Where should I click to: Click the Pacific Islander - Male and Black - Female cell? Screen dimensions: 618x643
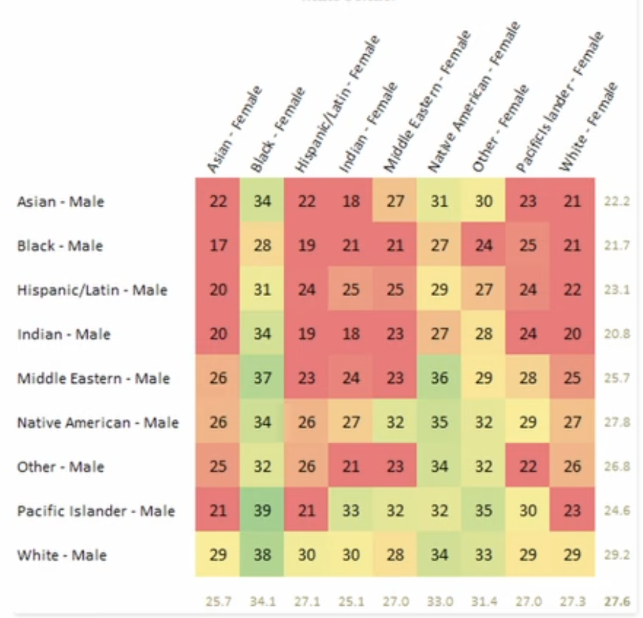tap(262, 511)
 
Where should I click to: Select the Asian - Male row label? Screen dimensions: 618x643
tap(60, 202)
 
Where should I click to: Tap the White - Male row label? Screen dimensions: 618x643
tap(62, 555)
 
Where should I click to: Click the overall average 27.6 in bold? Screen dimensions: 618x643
tap(617, 601)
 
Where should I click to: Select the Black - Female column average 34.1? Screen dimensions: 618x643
tap(262, 601)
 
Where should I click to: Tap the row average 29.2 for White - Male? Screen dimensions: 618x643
tap(617, 555)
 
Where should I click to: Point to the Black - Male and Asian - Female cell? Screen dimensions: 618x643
tap(218, 246)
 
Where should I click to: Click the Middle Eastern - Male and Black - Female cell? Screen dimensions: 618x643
tap(262, 378)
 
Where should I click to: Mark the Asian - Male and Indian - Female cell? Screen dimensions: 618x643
tap(351, 202)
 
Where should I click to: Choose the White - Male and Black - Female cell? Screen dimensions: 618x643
tap(262, 555)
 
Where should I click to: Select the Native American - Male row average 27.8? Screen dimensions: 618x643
tap(617, 422)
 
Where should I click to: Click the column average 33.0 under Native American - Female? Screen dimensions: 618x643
tap(439, 601)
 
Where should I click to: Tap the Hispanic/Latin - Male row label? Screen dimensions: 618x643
tap(92, 290)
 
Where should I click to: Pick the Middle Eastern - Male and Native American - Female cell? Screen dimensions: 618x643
tap(439, 378)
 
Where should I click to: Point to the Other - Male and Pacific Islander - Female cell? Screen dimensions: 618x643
tap(528, 467)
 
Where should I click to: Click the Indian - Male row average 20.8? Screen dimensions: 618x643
tap(617, 334)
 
